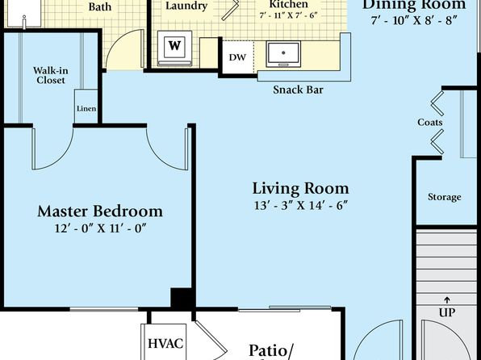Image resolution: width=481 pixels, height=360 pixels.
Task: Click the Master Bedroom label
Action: (100, 211)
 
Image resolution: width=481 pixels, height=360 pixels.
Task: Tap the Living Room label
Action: (300, 188)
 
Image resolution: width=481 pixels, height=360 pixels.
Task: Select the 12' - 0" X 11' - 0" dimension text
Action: (100, 228)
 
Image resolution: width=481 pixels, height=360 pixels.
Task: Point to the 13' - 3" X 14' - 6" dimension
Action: (300, 205)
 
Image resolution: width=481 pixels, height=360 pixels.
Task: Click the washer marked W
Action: (174, 48)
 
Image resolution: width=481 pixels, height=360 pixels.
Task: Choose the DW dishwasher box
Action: (238, 57)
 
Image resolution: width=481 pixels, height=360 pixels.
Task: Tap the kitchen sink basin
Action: (283, 54)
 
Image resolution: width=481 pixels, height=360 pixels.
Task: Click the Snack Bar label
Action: (298, 90)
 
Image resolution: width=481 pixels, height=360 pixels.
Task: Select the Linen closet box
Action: (86, 107)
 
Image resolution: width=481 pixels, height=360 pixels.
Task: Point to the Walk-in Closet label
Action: (51, 76)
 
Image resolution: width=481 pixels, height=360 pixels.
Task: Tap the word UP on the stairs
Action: (447, 312)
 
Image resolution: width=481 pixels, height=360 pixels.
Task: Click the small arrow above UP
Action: (447, 299)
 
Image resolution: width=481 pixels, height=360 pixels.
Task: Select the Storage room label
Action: (445, 197)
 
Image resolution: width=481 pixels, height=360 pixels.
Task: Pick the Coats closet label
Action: (430, 122)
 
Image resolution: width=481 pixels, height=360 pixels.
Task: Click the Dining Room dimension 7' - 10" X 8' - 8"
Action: (414, 20)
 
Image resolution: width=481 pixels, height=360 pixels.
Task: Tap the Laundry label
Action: (186, 6)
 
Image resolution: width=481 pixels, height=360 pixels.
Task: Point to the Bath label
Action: (100, 6)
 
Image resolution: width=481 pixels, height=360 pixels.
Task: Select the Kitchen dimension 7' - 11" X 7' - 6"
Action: (288, 15)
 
